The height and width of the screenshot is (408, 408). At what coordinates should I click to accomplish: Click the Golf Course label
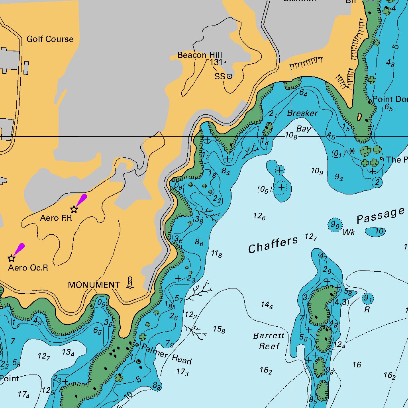click(50, 39)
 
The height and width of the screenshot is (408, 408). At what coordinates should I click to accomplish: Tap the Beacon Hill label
click(200, 55)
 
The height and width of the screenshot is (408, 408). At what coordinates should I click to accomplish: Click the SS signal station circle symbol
click(229, 76)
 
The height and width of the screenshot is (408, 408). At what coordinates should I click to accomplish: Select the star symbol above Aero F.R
click(74, 209)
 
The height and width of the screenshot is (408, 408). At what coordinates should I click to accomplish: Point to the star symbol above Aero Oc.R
click(12, 258)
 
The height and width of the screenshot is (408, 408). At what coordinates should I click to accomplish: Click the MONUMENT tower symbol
click(130, 282)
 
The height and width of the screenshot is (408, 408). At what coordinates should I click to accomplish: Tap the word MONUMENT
click(94, 285)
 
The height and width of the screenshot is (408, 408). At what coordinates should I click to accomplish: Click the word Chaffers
click(273, 244)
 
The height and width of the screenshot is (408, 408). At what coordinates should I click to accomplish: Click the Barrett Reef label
click(269, 341)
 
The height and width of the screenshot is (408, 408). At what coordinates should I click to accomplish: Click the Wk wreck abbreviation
click(349, 232)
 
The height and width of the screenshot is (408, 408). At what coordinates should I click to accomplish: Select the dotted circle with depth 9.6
click(335, 225)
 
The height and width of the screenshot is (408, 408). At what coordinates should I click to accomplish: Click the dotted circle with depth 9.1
click(368, 298)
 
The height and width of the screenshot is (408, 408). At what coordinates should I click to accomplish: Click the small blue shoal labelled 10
click(376, 231)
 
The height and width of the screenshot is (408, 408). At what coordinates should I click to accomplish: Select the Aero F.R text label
click(56, 218)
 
